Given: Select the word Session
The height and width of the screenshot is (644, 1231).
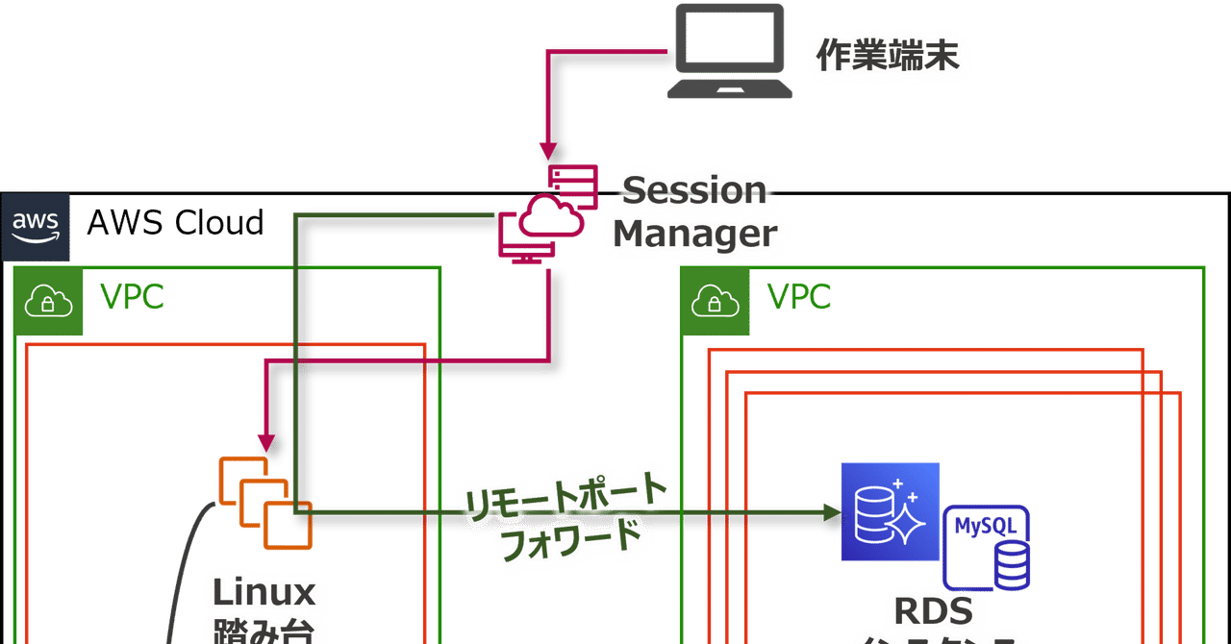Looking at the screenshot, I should [x=694, y=189].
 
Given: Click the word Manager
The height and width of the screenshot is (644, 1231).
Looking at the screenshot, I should [x=694, y=234].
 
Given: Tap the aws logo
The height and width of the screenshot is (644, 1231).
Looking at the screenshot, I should [x=36, y=227].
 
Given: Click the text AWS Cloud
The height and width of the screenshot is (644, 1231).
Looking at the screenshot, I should [x=175, y=223].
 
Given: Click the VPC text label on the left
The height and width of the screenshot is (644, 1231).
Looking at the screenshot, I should [x=133, y=298].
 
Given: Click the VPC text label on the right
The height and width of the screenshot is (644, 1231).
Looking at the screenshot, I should [x=798, y=298].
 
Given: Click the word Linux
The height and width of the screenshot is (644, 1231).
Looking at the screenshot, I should [x=263, y=592].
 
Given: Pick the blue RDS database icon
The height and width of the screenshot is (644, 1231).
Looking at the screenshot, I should [x=890, y=511].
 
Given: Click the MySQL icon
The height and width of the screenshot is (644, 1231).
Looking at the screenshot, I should [x=988, y=546].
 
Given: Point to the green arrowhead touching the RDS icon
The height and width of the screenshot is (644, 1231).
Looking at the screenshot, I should [x=831, y=511].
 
